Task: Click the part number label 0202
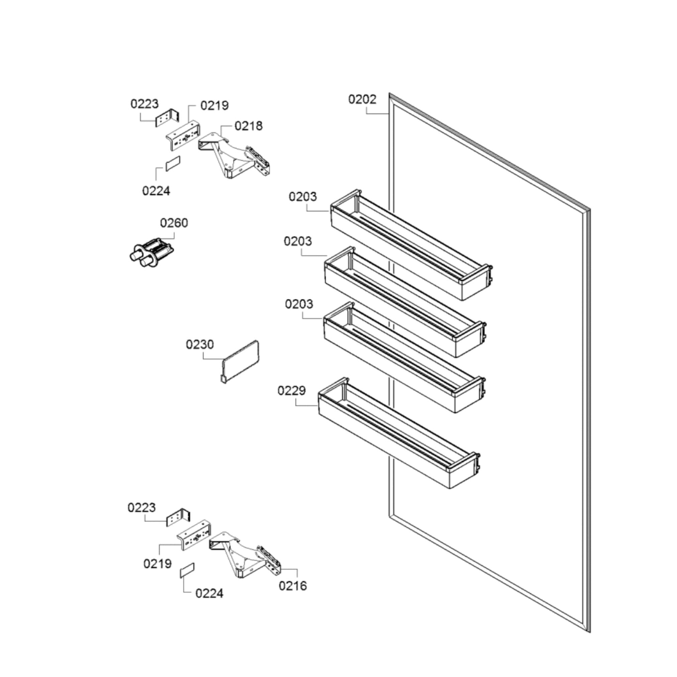[362, 100]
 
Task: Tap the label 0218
[249, 126]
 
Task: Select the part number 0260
[174, 223]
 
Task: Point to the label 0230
[199, 345]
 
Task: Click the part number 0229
[291, 390]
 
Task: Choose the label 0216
[293, 586]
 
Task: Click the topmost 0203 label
[302, 197]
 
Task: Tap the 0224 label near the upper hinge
[156, 191]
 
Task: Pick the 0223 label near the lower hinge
[141, 507]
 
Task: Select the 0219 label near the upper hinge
[214, 105]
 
